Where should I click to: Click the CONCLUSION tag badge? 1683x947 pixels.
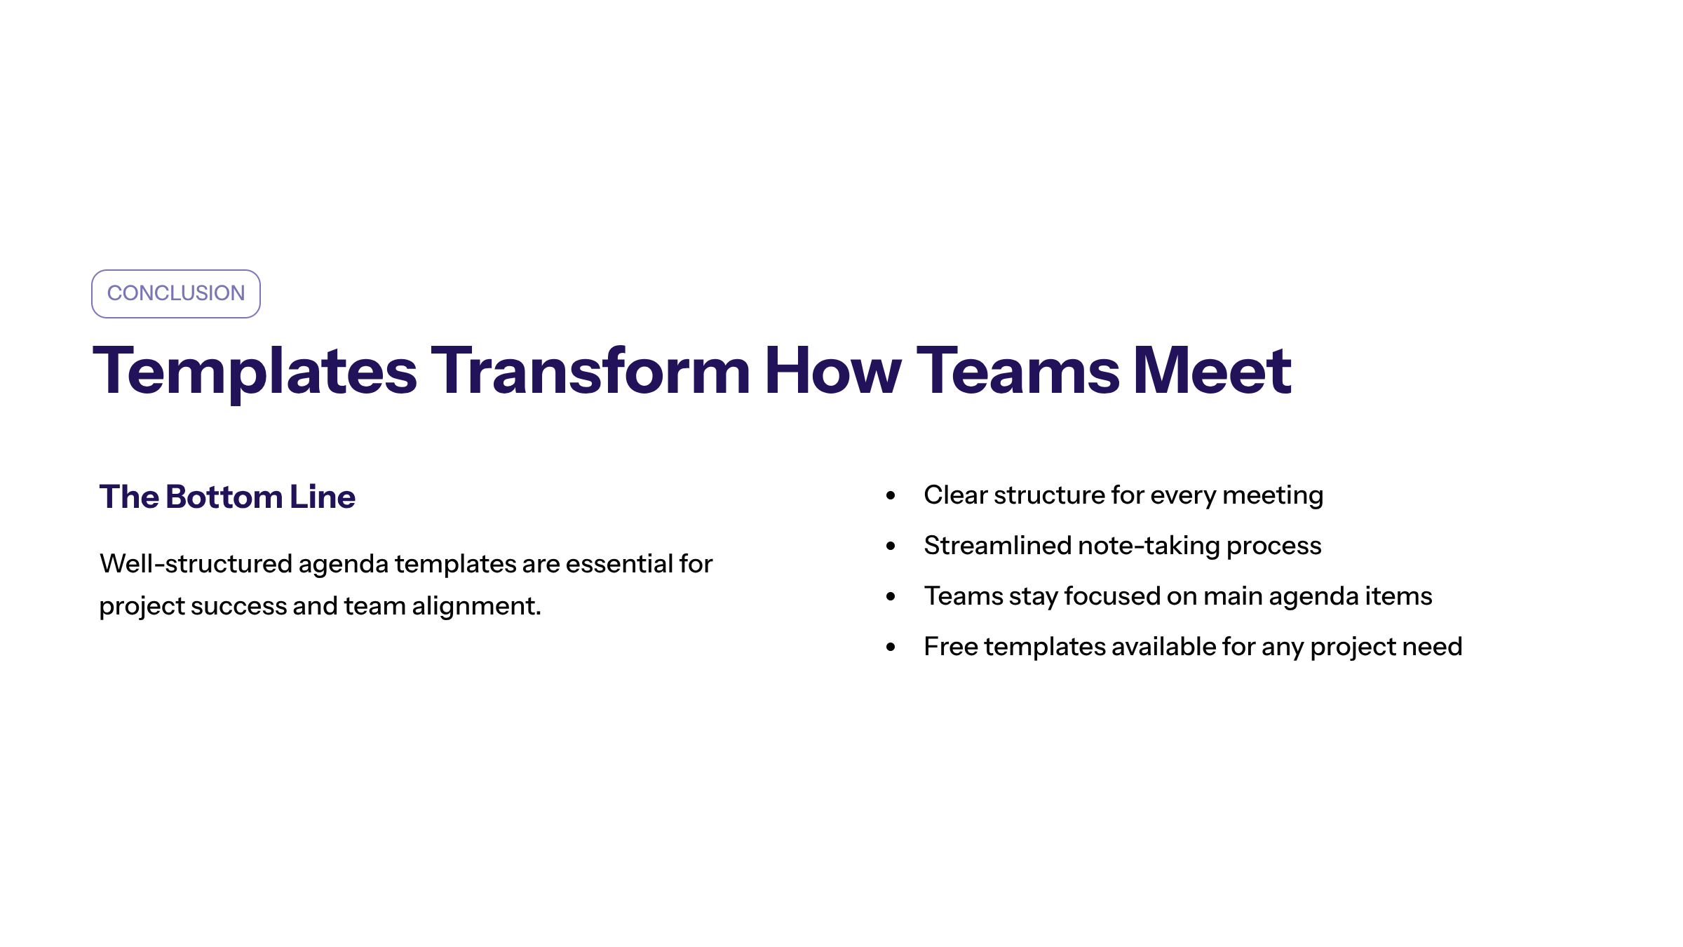pyautogui.click(x=176, y=294)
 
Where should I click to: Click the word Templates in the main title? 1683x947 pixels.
pyautogui.click(x=255, y=372)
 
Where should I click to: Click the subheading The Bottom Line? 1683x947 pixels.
pyautogui.click(x=227, y=497)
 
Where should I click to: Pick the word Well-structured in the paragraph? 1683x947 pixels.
pyautogui.click(x=196, y=563)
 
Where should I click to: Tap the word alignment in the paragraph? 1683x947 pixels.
pyautogui.click(x=476, y=605)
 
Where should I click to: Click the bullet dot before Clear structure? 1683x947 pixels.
pyautogui.click(x=891, y=495)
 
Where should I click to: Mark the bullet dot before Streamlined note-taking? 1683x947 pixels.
pyautogui.click(x=891, y=546)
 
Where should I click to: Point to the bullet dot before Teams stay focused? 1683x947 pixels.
pyautogui.click(x=891, y=596)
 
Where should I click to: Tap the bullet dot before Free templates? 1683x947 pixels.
pyautogui.click(x=891, y=647)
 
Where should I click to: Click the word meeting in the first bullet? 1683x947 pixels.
pyautogui.click(x=1273, y=496)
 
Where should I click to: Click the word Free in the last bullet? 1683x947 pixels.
pyautogui.click(x=951, y=646)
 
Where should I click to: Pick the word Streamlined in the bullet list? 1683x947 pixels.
pyautogui.click(x=998, y=545)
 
